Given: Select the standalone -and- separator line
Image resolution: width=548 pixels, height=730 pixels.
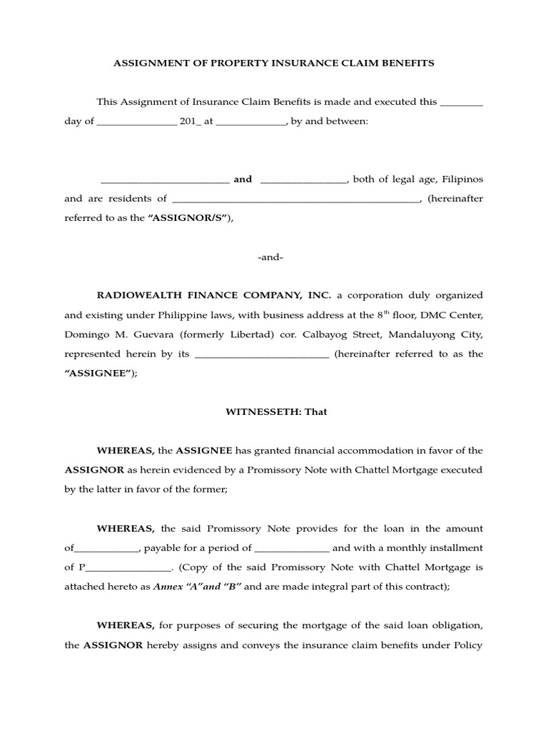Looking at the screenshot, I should (270, 257).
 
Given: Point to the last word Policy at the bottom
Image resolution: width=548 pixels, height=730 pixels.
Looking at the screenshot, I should (468, 646).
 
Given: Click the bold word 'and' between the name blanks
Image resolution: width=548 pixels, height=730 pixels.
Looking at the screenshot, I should (243, 180).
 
